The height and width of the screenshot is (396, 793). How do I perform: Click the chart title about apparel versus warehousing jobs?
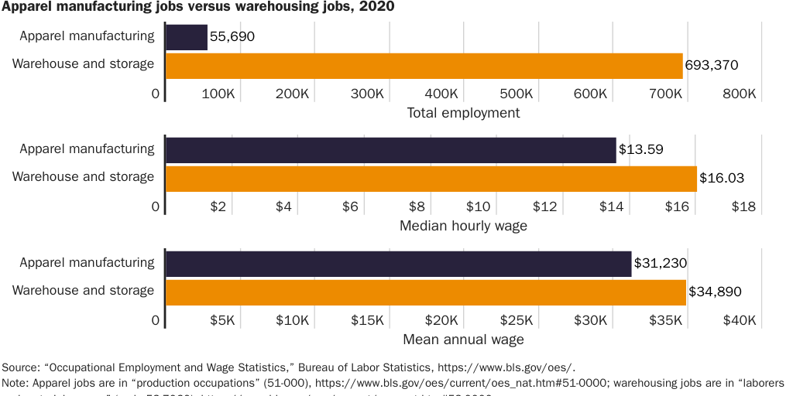pyautogui.click(x=198, y=8)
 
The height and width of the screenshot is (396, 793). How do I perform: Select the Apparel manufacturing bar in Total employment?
pyautogui.click(x=187, y=37)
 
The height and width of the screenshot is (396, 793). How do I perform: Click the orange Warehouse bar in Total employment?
pyautogui.click(x=424, y=66)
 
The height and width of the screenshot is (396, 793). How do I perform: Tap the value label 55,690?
pyautogui.click(x=232, y=37)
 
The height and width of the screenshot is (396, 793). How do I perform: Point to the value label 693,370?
pyautogui.click(x=712, y=66)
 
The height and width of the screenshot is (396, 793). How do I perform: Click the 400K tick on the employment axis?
pyautogui.click(x=441, y=94)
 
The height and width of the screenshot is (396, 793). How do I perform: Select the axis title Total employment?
pyautogui.click(x=463, y=113)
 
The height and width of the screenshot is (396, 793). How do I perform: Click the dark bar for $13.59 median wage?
pyautogui.click(x=391, y=150)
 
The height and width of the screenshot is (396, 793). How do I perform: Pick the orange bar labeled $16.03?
pyautogui.click(x=431, y=179)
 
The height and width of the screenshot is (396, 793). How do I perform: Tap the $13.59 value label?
pyautogui.click(x=641, y=150)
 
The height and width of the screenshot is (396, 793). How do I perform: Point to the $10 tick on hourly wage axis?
pyautogui.click(x=478, y=207)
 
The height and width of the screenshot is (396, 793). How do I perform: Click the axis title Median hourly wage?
pyautogui.click(x=463, y=226)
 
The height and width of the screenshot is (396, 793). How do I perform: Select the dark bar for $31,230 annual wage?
pyautogui.click(x=399, y=264)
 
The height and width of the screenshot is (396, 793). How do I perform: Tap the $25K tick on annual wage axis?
pyautogui.click(x=516, y=320)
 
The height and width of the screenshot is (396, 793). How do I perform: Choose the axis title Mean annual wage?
pyautogui.click(x=463, y=340)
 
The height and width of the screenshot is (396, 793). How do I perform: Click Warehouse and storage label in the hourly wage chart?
pyautogui.click(x=84, y=177)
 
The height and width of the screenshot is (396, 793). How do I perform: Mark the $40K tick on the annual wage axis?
pyautogui.click(x=739, y=320)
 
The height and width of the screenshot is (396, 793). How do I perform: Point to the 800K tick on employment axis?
pyautogui.click(x=739, y=94)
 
